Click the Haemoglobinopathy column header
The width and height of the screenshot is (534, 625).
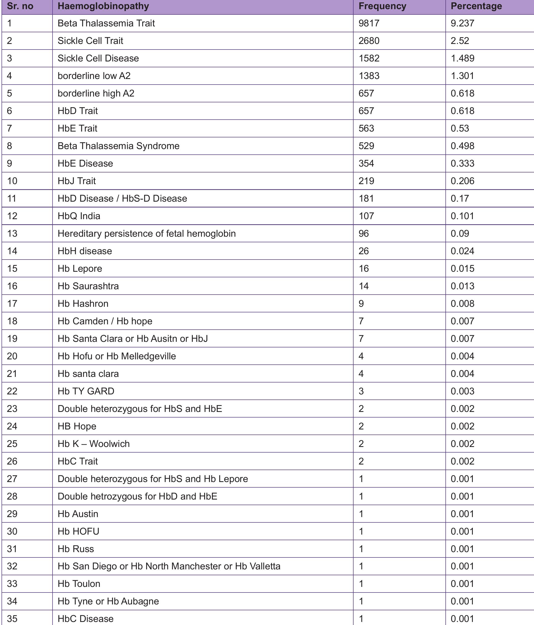point(103,6)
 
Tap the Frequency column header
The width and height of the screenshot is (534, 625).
point(382,6)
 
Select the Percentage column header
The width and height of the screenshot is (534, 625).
point(476,6)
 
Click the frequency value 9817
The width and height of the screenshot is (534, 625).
point(369,23)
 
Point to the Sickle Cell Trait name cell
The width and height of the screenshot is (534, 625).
point(90,41)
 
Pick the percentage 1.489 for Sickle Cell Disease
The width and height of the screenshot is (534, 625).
point(462,58)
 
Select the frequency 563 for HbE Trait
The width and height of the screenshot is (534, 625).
point(366,129)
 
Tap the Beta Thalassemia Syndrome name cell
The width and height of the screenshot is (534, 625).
point(118,146)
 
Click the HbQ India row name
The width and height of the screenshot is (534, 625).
point(79,216)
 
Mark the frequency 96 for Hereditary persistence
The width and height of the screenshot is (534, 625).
point(363,233)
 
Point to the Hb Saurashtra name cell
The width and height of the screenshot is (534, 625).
point(88,286)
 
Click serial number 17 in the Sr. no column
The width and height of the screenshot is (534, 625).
point(12,303)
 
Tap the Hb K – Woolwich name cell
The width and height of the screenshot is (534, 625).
point(93,444)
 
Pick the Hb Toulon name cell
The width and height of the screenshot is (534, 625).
point(79,584)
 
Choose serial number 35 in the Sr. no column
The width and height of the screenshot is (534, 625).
point(12,619)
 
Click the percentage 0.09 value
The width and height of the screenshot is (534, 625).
point(460,233)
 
